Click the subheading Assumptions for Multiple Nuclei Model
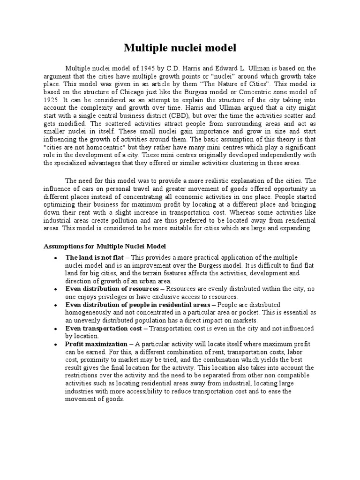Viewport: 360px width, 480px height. coord(105,246)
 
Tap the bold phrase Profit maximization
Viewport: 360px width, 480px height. coord(96,344)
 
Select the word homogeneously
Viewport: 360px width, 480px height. coord(89,312)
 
